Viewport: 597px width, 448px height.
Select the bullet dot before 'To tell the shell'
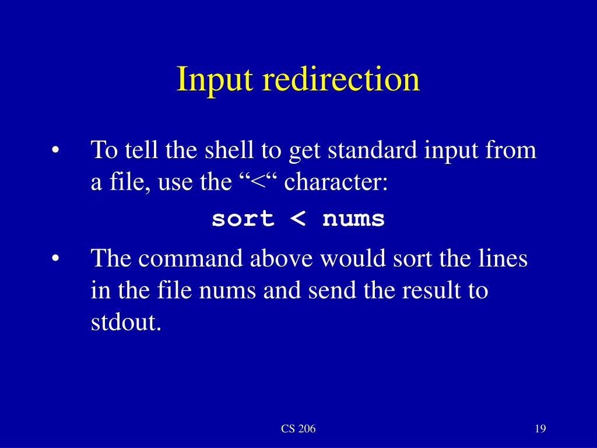coord(55,150)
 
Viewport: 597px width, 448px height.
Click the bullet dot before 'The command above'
coord(55,258)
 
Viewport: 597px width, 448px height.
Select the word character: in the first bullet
coord(336,183)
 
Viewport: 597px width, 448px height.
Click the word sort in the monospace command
coord(243,219)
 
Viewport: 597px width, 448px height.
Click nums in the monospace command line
coord(353,219)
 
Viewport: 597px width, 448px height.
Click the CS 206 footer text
coord(298,429)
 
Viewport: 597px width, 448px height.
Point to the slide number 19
coord(539,429)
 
